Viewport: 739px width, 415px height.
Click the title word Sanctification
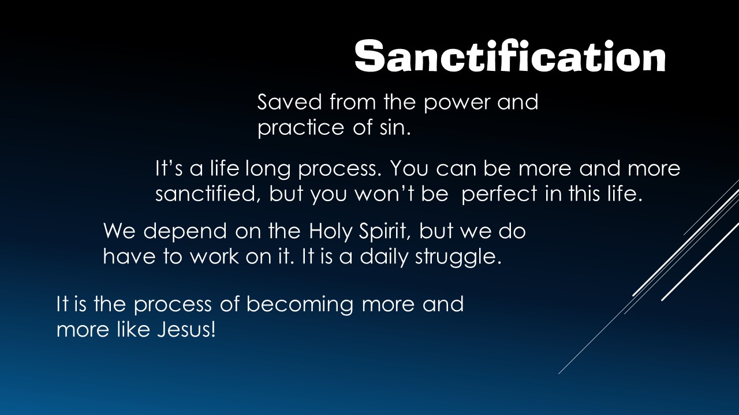coord(510,56)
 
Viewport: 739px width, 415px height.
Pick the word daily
coord(384,257)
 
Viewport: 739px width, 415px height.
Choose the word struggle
coord(458,257)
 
